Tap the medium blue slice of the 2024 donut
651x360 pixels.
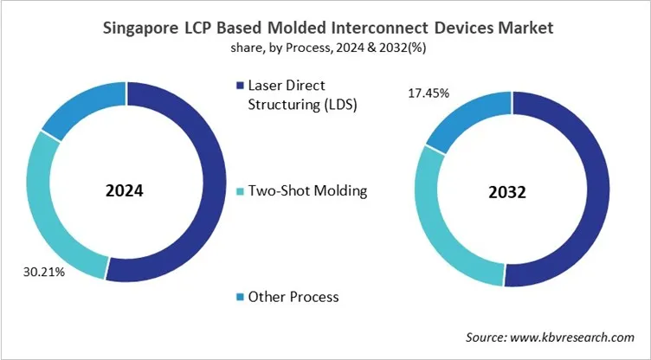point(78,111)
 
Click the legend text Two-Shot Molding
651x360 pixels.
point(307,191)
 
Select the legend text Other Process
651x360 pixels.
point(293,297)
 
